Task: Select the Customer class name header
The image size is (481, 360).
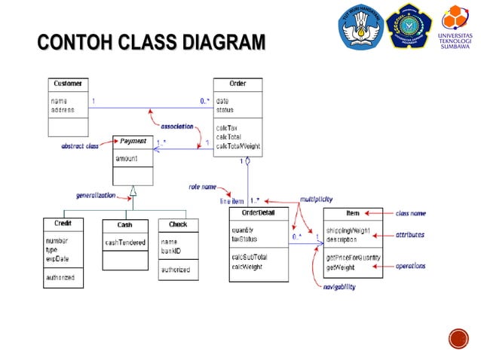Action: [x=68, y=83]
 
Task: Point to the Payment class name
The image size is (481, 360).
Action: [x=133, y=141]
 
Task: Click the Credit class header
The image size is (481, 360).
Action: [x=63, y=224]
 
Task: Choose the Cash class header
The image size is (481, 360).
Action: [x=124, y=224]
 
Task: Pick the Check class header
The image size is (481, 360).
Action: [x=178, y=224]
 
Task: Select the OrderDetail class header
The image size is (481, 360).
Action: [x=259, y=214]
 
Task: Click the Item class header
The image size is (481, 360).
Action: [x=352, y=214]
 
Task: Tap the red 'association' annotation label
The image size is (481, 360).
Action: [x=177, y=127]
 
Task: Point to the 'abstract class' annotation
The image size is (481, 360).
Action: [x=81, y=146]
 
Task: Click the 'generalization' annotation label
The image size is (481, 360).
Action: [x=96, y=195]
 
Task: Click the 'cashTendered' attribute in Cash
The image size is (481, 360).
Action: [x=124, y=242]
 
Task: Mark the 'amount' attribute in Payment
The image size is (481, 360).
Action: [x=127, y=160]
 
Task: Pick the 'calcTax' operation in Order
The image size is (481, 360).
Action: [x=228, y=128]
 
